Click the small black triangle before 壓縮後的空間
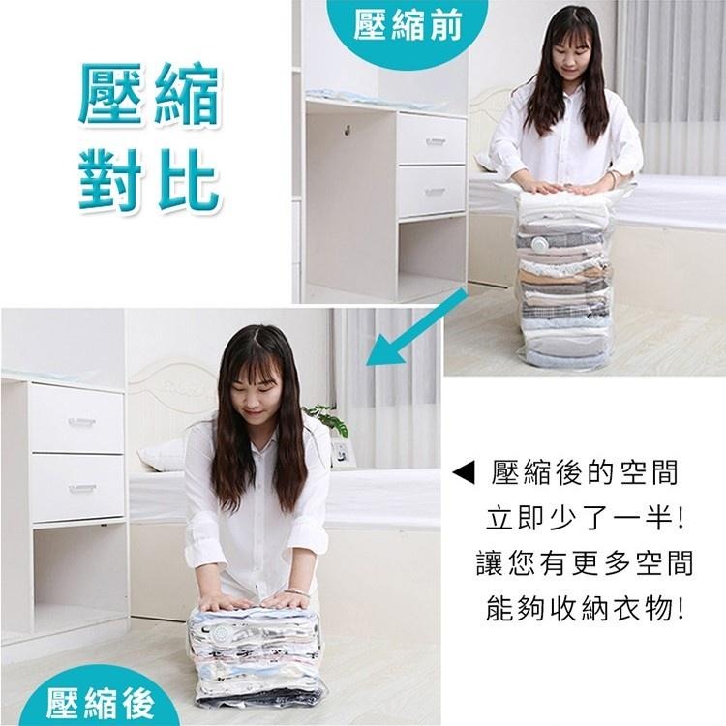[466, 474]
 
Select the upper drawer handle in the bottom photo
[81, 422]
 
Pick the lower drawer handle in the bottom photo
[81, 489]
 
